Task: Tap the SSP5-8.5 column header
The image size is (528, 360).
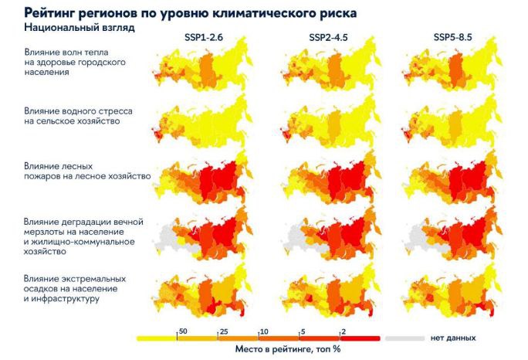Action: tap(448, 39)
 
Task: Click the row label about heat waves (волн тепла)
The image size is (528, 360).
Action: tap(73, 62)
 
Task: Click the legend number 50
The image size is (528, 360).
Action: tap(183, 331)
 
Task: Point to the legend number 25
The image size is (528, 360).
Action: tap(224, 331)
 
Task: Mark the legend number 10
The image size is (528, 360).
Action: tap(264, 331)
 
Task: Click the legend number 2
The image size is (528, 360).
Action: tap(343, 331)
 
